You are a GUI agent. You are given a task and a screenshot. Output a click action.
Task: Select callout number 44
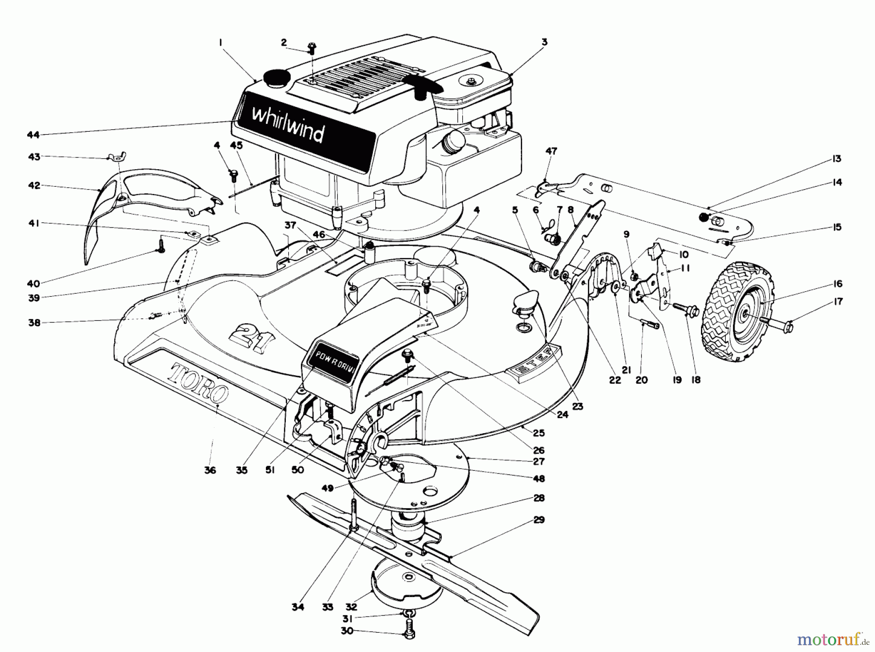click(x=33, y=135)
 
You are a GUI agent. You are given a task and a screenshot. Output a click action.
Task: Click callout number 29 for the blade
click(x=539, y=520)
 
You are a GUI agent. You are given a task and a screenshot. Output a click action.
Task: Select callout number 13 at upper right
click(x=836, y=159)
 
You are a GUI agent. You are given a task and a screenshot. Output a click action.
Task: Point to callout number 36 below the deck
click(x=210, y=470)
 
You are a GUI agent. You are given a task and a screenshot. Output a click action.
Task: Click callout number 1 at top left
click(x=221, y=43)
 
